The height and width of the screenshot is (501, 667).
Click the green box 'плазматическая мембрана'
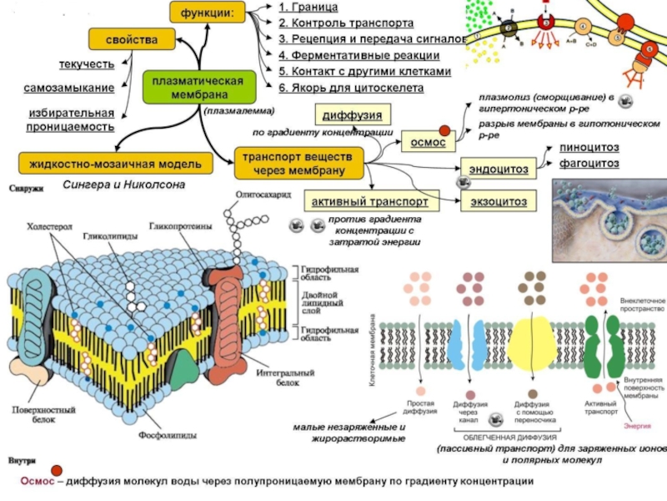pos(198,87)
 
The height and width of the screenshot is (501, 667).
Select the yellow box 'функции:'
pos(213,13)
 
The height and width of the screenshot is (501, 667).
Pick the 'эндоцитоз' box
pos(498,170)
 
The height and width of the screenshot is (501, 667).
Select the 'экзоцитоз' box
pos(498,202)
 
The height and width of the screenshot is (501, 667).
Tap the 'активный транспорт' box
pos(369,202)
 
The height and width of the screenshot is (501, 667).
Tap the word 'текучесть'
pos(86,63)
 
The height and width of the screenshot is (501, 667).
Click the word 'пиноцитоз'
pos(589,148)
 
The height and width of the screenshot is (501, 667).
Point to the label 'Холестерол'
pos(50,225)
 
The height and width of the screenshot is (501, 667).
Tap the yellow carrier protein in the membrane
pos(528,342)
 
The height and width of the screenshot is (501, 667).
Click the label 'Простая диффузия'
pos(421,408)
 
